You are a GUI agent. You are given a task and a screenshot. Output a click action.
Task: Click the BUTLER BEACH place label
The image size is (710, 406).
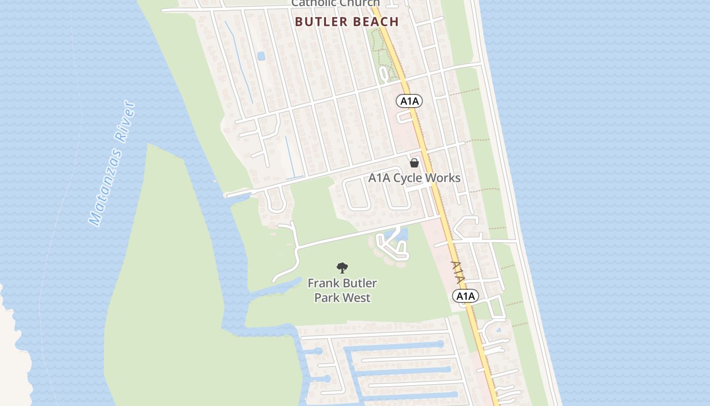point(346,22)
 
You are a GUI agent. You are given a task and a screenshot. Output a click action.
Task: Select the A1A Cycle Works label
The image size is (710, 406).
point(414,178)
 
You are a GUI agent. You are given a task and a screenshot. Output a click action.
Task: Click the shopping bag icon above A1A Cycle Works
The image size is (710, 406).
point(414,163)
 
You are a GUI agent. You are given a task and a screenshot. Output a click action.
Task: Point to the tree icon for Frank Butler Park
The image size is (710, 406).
point(342,268)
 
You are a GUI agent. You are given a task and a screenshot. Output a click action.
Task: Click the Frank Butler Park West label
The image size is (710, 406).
point(342,290)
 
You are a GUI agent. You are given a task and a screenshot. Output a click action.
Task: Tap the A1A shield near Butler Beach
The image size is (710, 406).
point(409,101)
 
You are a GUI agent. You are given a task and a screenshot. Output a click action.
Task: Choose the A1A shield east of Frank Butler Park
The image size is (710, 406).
point(466,296)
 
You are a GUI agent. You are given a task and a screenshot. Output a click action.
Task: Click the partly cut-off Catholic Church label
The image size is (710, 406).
point(335,4)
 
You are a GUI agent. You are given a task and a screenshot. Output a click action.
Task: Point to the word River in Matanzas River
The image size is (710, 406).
point(126,121)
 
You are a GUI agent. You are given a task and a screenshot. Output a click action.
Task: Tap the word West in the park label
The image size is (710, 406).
point(358,298)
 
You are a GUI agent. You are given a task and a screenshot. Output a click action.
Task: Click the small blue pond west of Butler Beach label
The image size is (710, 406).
point(261,56)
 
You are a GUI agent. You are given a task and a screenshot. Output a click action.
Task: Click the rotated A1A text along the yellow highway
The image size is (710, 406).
point(457,273)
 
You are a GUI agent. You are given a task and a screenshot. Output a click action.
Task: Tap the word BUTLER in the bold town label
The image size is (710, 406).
point(318,22)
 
